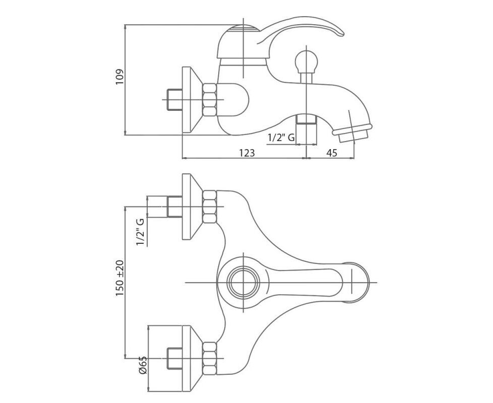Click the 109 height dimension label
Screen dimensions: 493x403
pos(120,77)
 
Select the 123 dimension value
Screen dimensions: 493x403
pos(247,153)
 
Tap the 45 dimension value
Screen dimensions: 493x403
pos(332,153)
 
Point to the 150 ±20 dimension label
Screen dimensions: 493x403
pos(120,278)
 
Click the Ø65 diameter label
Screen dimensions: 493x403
pos(143,365)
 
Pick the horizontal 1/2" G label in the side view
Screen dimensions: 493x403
pos(281,138)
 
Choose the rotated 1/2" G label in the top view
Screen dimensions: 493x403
pos(140,232)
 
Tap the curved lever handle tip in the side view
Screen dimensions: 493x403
pos(340,32)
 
